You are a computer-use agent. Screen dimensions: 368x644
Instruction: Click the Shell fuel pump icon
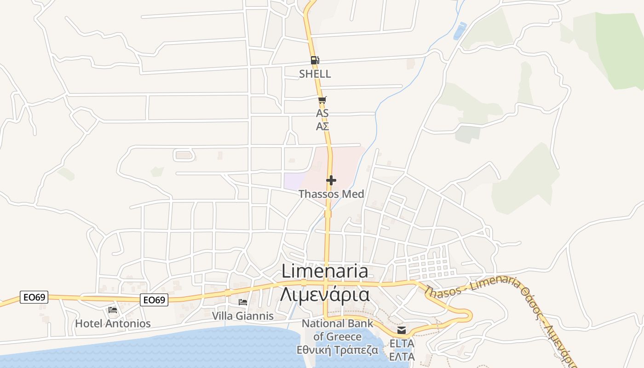tap(315, 60)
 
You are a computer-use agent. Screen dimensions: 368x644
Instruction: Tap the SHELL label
tap(315, 74)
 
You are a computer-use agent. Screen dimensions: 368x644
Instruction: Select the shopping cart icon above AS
tap(322, 100)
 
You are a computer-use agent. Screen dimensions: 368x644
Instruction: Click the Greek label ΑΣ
tap(322, 126)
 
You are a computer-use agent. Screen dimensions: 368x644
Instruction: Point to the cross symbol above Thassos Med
tap(331, 180)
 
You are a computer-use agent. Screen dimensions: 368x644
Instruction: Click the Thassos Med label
tap(331, 194)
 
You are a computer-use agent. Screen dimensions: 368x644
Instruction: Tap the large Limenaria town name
tap(325, 271)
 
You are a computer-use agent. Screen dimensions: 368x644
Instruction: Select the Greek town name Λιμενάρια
tap(325, 294)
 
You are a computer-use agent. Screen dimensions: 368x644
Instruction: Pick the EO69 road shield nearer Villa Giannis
tap(154, 300)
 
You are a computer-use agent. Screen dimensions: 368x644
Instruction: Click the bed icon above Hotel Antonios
tap(113, 310)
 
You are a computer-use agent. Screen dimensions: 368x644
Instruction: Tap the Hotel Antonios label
tap(113, 323)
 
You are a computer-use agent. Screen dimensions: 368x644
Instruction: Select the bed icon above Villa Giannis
tap(243, 302)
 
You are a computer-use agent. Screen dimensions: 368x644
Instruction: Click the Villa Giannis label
tap(243, 316)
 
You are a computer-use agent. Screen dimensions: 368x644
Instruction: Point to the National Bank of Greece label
tap(338, 330)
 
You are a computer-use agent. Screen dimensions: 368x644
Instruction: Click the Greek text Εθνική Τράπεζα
tap(338, 350)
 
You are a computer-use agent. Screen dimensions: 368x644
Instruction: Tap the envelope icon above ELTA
tap(402, 330)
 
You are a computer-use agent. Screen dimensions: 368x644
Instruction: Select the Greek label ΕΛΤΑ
tap(402, 356)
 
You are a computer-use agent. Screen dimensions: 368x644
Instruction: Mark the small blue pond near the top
tap(460, 31)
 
